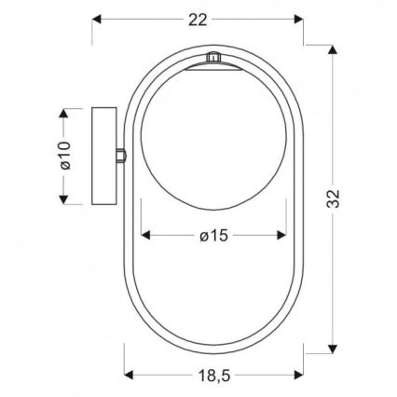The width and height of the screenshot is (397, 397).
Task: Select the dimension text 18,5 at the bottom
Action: click(213, 375)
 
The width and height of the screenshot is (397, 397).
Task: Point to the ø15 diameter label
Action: click(213, 236)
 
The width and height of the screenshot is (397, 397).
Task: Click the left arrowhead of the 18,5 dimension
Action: click(130, 375)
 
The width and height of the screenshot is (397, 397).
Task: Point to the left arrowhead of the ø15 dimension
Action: click(144, 236)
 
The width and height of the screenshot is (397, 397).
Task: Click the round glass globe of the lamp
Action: click(213, 130)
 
